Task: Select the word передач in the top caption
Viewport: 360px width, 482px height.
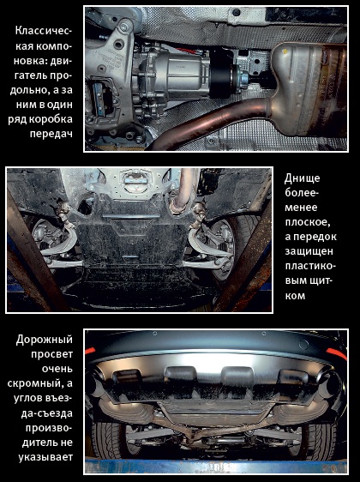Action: point(51,134)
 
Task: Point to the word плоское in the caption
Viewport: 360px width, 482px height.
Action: point(307,223)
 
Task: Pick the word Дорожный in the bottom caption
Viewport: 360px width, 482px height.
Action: point(45,340)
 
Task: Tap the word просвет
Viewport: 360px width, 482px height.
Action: point(51,354)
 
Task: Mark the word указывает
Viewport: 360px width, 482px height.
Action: point(45,457)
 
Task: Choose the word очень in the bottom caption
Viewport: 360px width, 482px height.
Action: point(57,369)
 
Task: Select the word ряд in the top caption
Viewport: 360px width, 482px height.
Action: point(18,120)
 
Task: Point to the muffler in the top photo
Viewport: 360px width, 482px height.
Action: point(309,89)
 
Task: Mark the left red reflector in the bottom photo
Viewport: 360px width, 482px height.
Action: point(90,351)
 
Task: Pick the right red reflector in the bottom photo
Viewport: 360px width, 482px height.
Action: point(337,353)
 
